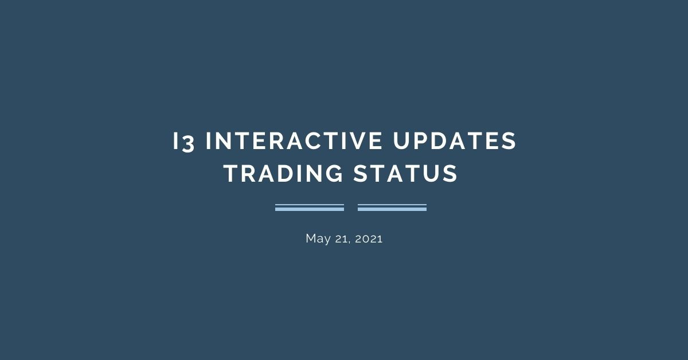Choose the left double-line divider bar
click(310, 208)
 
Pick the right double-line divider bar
click(392, 208)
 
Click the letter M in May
click(310, 238)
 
